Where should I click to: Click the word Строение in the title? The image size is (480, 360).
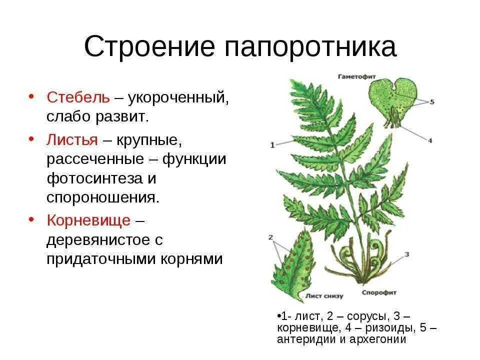(149, 47)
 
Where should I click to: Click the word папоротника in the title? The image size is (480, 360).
(310, 47)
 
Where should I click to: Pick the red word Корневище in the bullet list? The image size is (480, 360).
(88, 220)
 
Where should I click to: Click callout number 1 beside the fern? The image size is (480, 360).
(272, 145)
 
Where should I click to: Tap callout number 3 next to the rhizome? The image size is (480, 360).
(406, 254)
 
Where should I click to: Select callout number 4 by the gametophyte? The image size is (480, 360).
(429, 141)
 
